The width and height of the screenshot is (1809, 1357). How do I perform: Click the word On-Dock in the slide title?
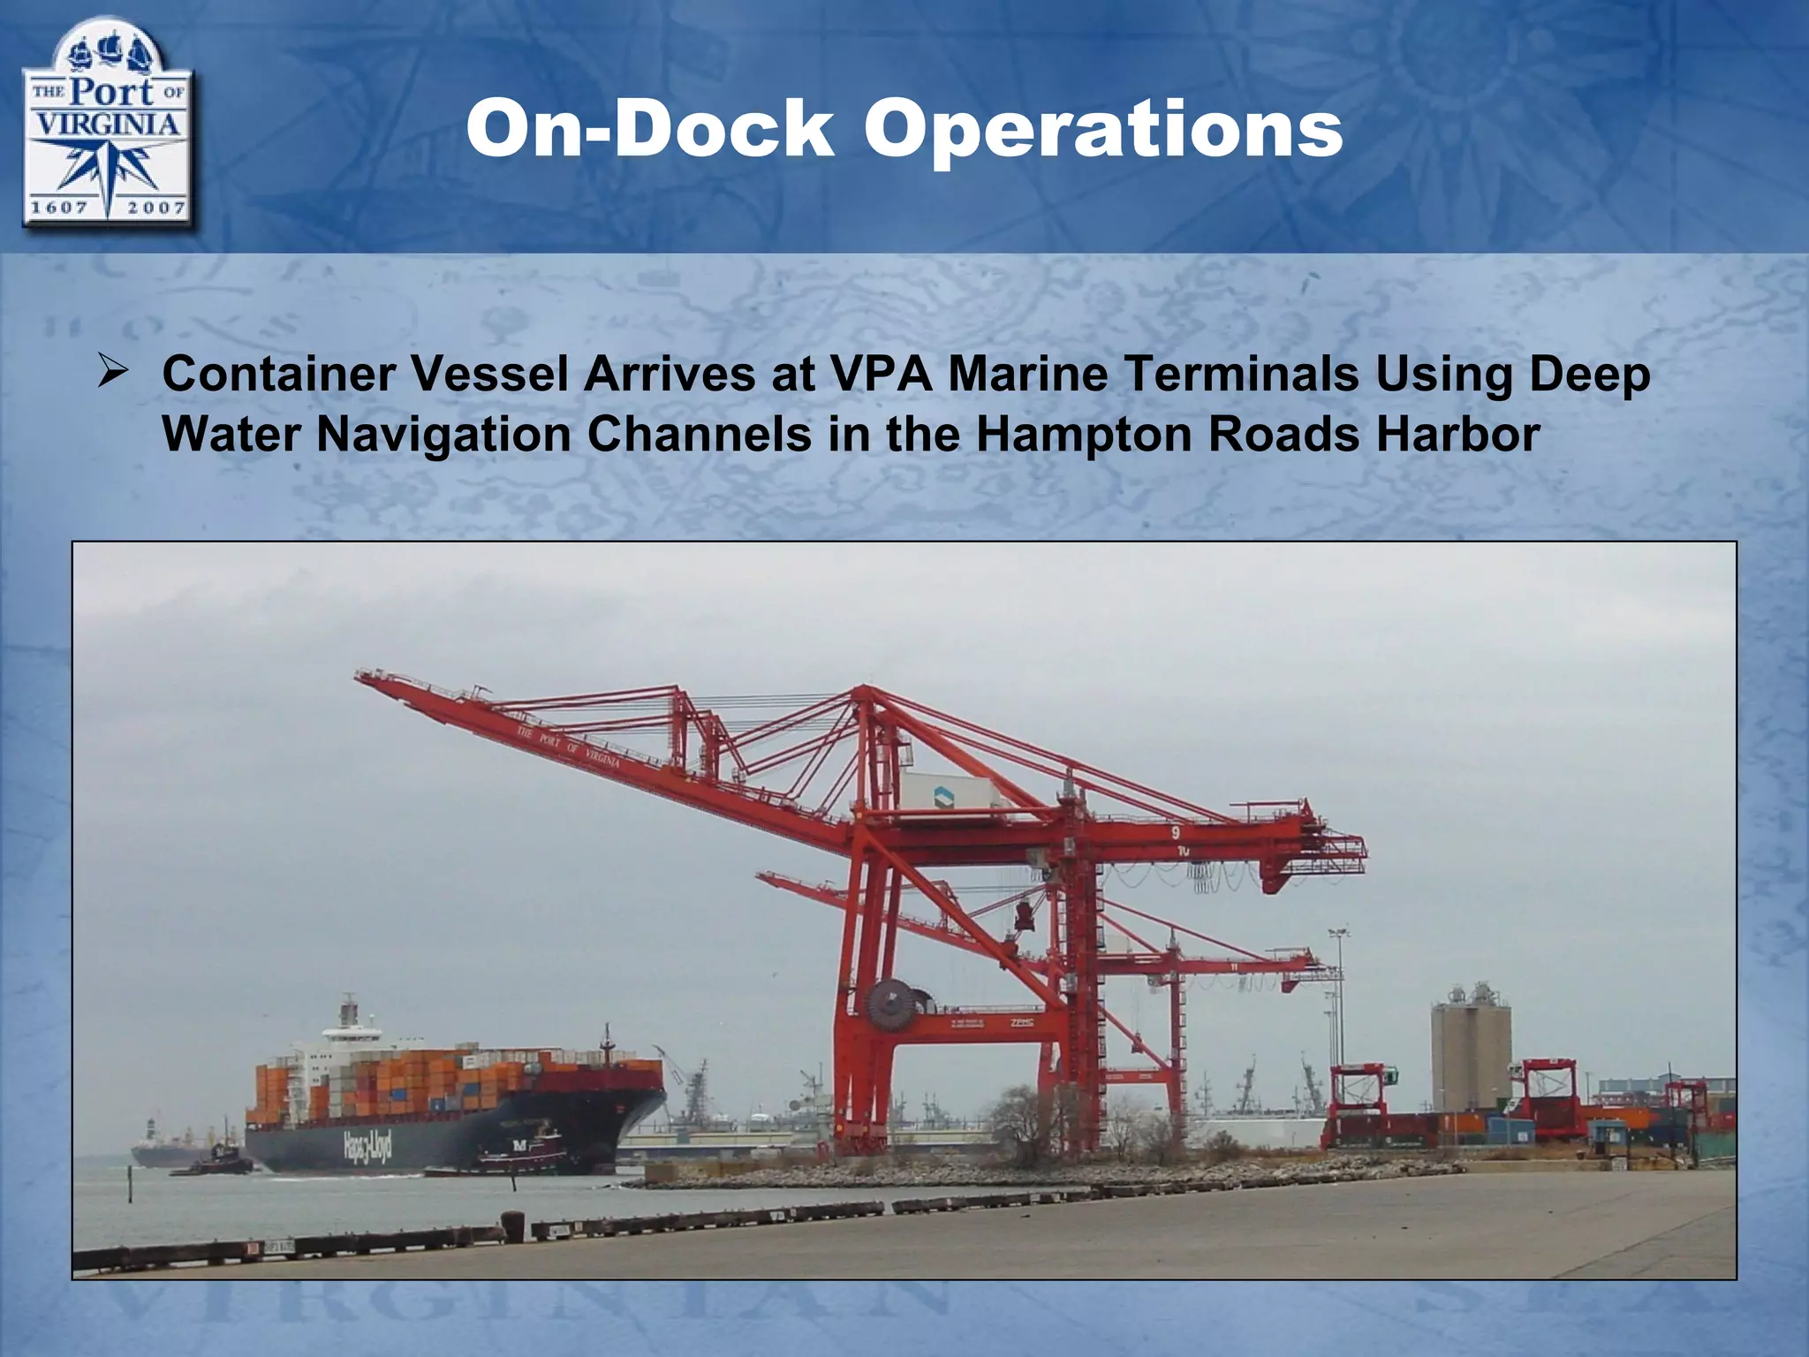[x=649, y=130]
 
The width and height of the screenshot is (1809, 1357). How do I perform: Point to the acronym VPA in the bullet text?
[x=879, y=374]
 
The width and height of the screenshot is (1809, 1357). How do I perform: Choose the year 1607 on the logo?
[x=59, y=208]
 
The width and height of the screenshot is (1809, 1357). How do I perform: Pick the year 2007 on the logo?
[x=155, y=208]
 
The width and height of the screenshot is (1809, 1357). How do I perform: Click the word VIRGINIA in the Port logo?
[x=106, y=123]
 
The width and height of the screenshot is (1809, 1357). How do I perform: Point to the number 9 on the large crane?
[x=1176, y=832]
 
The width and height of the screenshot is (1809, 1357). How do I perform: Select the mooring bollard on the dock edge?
[x=512, y=1223]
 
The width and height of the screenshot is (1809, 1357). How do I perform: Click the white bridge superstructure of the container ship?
[x=349, y=1033]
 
